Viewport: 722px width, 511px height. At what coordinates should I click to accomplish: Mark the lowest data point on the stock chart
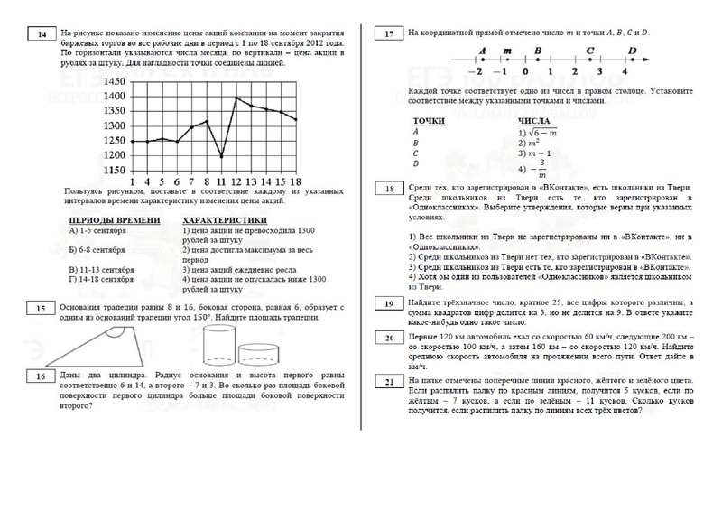(222, 157)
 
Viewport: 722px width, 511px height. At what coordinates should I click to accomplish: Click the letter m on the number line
(506, 51)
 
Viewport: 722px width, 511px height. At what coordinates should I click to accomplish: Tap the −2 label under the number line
(479, 71)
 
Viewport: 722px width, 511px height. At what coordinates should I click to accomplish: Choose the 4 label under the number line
(625, 71)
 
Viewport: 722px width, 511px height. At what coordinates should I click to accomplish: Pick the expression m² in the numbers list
(532, 143)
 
